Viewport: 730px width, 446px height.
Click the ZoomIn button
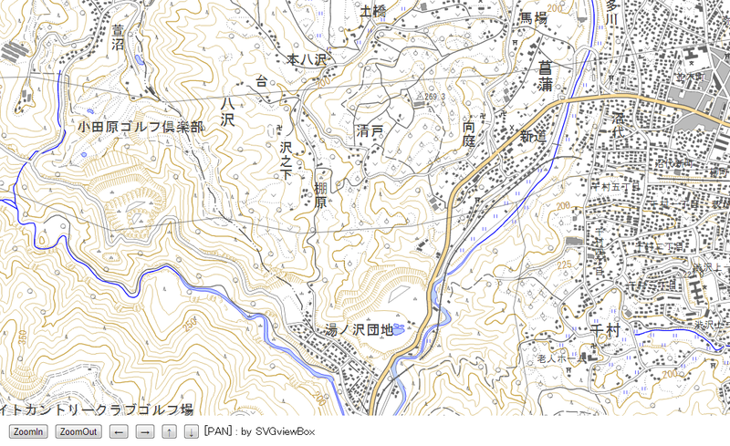(27, 431)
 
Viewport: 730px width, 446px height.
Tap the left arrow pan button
(120, 431)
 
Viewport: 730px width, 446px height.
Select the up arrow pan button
(170, 431)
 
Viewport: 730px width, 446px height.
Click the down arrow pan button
(191, 431)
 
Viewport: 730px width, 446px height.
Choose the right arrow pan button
(144, 431)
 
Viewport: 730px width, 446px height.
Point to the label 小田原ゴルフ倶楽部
(141, 127)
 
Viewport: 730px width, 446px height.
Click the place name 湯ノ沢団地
(359, 330)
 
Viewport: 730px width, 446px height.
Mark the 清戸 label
(370, 133)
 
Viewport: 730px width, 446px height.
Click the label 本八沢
(307, 59)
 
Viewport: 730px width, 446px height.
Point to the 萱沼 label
(117, 37)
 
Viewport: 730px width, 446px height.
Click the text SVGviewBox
(284, 431)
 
